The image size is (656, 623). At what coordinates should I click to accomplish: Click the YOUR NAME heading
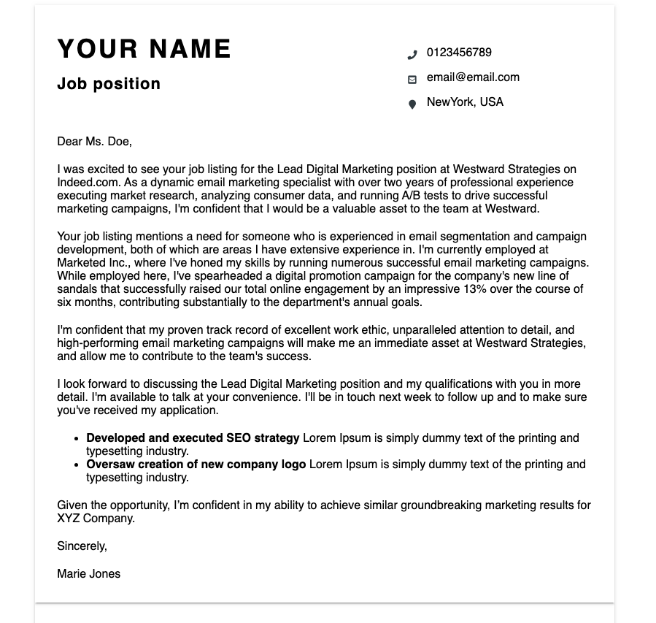pos(144,50)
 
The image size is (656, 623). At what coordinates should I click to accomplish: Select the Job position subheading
pos(109,84)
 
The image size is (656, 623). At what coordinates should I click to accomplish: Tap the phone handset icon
pos(412,54)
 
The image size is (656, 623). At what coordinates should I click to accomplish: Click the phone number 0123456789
pos(459,53)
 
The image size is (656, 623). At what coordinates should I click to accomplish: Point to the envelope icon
pos(412,79)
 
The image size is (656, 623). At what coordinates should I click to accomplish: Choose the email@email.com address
pos(473,77)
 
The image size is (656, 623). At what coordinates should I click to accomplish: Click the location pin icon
pos(412,104)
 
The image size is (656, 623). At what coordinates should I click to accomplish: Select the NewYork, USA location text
pos(465,102)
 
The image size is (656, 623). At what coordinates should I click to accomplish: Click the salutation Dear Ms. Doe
pos(94,142)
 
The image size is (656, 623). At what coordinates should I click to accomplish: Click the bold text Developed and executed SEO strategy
pos(193,438)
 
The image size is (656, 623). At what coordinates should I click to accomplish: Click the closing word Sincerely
pos(82,546)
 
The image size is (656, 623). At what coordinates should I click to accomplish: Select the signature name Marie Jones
pos(88,574)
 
